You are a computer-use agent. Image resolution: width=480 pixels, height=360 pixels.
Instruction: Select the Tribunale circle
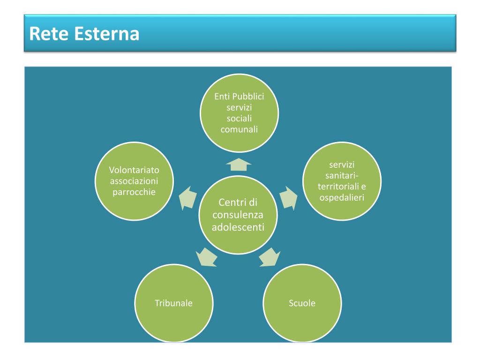[173, 303]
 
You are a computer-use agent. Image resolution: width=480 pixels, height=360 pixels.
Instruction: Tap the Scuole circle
[302, 303]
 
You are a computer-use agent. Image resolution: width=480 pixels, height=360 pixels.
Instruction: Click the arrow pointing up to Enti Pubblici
[239, 164]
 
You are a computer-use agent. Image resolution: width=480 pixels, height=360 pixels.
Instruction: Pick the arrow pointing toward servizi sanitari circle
[289, 197]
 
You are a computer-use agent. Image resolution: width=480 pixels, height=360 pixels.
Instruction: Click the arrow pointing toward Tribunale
[206, 256]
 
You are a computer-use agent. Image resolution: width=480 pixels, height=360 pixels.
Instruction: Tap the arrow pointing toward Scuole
[270, 256]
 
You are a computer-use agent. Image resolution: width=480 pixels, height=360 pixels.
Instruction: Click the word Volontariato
[134, 170]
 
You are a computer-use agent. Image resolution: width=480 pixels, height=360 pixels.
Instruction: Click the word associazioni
[134, 181]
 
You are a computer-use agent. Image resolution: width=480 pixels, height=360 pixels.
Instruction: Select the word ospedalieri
[342, 197]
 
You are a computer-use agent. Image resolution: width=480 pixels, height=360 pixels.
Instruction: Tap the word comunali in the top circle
[239, 129]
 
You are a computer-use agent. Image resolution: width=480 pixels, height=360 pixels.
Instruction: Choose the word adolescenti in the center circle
[238, 227]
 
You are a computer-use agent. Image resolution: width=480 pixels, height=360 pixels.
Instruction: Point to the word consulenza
[238, 215]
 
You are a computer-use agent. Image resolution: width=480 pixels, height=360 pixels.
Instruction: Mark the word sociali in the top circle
[239, 118]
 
